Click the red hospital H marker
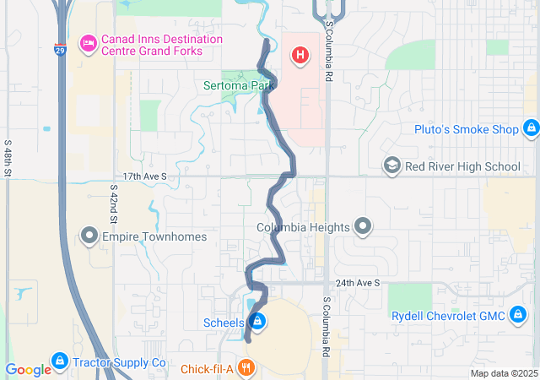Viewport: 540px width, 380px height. [299, 57]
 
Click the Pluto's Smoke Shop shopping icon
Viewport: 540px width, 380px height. [531, 129]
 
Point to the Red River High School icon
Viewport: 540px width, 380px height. [391, 166]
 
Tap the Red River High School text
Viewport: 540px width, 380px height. [462, 166]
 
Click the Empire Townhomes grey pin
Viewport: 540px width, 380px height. [89, 236]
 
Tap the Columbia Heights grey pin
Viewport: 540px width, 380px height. [363, 226]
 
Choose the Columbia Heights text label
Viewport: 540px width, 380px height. [303, 227]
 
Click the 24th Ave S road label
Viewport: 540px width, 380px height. [357, 283]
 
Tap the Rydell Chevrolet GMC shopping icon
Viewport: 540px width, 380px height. [519, 316]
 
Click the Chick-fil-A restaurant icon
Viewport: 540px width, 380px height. [246, 368]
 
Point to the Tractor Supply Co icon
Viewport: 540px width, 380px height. [59, 362]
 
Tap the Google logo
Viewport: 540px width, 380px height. [28, 369]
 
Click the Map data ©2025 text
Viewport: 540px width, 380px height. [503, 373]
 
